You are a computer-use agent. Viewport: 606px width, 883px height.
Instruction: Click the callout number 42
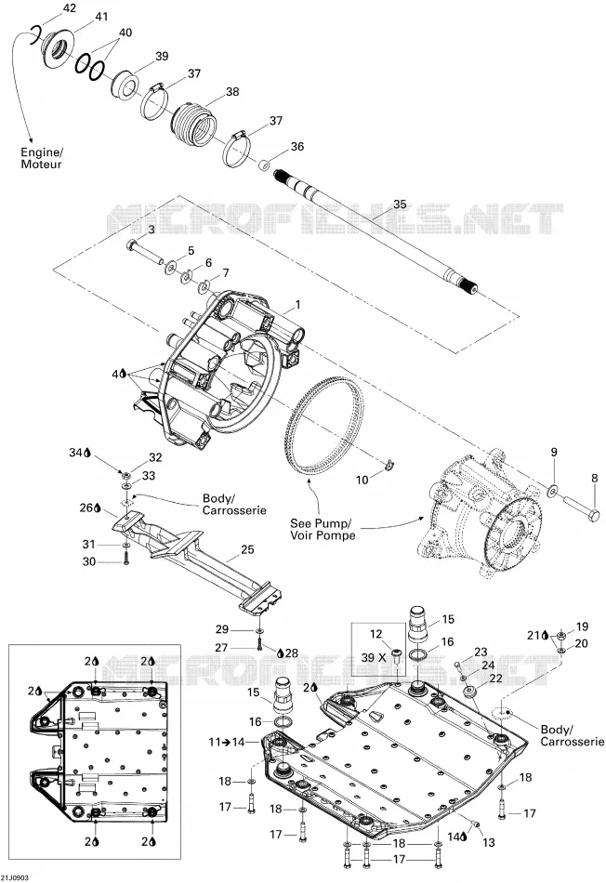[x=69, y=7]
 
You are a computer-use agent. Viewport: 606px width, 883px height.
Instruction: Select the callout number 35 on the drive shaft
[x=400, y=204]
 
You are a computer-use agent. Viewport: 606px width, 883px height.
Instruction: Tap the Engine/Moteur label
[x=42, y=158]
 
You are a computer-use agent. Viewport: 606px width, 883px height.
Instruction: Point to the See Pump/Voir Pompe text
[x=323, y=529]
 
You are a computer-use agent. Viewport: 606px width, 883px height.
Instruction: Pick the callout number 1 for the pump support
[x=298, y=305]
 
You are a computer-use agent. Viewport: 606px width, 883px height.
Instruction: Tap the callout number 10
[x=362, y=480]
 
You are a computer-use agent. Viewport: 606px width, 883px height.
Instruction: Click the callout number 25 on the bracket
[x=247, y=549]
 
